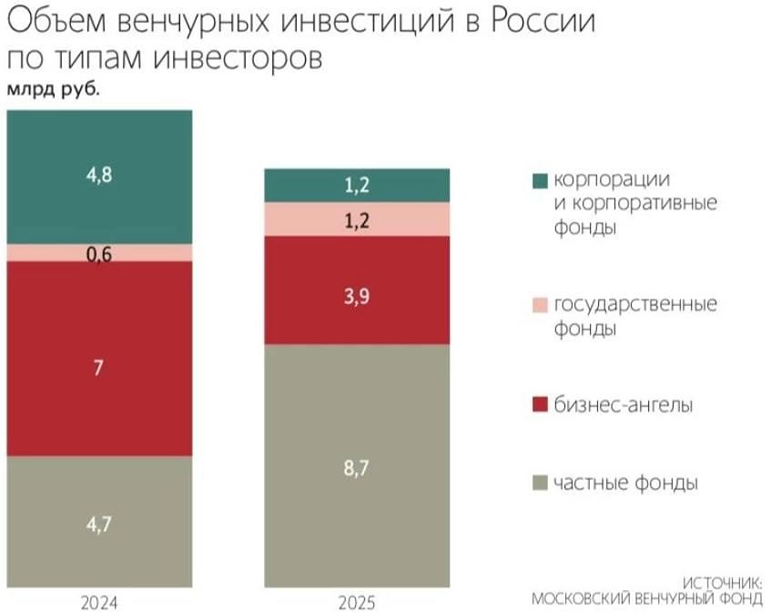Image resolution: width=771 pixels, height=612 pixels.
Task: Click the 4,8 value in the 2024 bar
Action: (x=99, y=176)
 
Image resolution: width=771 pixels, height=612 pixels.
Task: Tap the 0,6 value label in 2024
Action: (x=99, y=255)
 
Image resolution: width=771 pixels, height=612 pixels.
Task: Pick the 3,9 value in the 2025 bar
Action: (x=356, y=295)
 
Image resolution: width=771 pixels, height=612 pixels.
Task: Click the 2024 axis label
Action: (x=99, y=602)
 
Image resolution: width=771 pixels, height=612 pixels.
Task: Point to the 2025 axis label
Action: (x=356, y=602)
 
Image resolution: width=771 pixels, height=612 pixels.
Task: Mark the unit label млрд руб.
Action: (x=53, y=89)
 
